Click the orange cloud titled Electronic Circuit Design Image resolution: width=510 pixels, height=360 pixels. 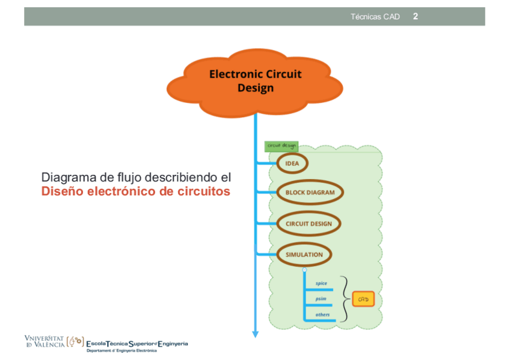(x=256, y=82)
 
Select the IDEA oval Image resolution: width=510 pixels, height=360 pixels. (x=292, y=163)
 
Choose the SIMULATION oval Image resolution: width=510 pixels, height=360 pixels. (x=304, y=254)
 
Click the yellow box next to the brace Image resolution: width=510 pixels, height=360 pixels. (x=363, y=299)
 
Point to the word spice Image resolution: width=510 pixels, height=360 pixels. (x=321, y=283)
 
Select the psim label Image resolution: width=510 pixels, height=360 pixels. (x=321, y=299)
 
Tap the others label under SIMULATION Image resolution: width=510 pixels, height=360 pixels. (x=322, y=314)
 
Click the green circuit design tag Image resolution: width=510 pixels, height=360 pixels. (x=281, y=146)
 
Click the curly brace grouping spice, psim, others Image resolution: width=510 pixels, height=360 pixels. (x=345, y=299)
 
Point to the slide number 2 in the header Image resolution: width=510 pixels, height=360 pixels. (x=416, y=16)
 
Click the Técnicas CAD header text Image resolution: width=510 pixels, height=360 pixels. (x=375, y=17)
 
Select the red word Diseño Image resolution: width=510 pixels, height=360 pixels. (x=63, y=192)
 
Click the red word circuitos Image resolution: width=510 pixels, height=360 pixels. (x=204, y=192)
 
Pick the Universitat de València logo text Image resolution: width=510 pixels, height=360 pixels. (x=45, y=341)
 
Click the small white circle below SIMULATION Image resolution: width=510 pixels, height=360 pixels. (x=304, y=270)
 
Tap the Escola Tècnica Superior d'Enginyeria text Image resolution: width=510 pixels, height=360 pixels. (x=137, y=343)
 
